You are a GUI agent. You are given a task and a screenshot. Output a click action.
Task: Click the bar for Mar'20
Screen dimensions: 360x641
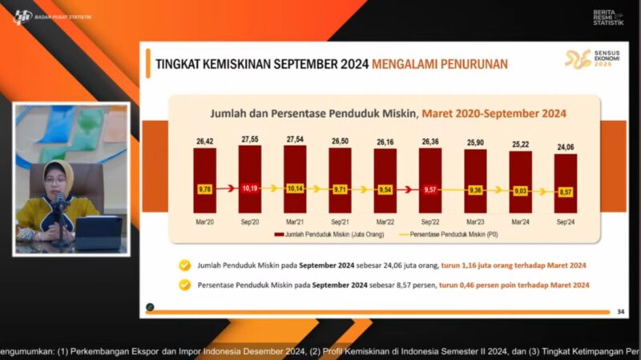[204, 168]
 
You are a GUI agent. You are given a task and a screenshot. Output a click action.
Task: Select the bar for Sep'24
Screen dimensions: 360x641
[566, 172]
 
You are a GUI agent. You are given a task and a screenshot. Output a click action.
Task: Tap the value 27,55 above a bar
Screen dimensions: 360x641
[250, 140]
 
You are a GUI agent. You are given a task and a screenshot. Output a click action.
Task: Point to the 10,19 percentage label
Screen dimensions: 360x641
[250, 188]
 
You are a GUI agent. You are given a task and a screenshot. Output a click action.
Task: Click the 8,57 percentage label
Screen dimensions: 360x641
[566, 192]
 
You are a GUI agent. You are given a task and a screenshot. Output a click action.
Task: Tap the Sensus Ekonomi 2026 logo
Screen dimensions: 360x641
[590, 59]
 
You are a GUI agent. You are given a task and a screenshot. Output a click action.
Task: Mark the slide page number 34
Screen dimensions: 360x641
[620, 311]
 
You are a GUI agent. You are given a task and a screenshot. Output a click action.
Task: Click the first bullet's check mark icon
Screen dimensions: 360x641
[185, 265]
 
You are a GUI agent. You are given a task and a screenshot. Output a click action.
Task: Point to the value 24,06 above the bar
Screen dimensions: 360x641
[566, 147]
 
